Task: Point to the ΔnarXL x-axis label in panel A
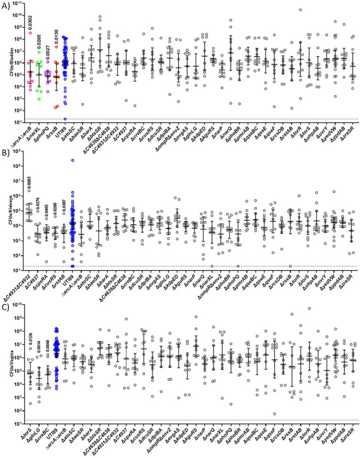(37, 132)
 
